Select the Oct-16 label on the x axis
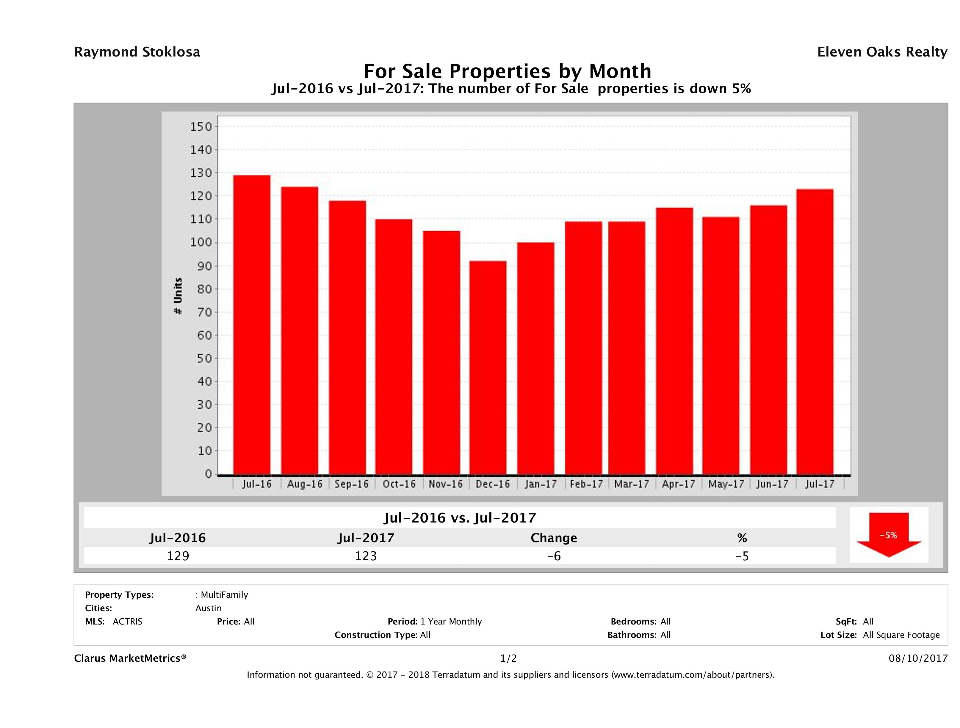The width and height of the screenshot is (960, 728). (x=399, y=484)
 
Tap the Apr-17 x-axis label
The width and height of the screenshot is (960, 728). (x=678, y=484)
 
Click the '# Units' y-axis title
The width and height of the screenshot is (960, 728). (x=178, y=296)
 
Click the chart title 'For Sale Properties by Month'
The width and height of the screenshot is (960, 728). (x=507, y=71)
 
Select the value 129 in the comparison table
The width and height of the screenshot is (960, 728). (x=178, y=556)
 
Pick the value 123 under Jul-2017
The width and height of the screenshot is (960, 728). (x=366, y=556)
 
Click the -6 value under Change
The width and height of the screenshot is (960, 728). (x=554, y=556)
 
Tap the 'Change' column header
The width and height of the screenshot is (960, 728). (x=554, y=538)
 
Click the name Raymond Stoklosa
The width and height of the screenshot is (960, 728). (x=137, y=52)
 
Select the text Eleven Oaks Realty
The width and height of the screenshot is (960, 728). (x=882, y=52)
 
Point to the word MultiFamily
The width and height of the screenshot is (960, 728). (x=224, y=595)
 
